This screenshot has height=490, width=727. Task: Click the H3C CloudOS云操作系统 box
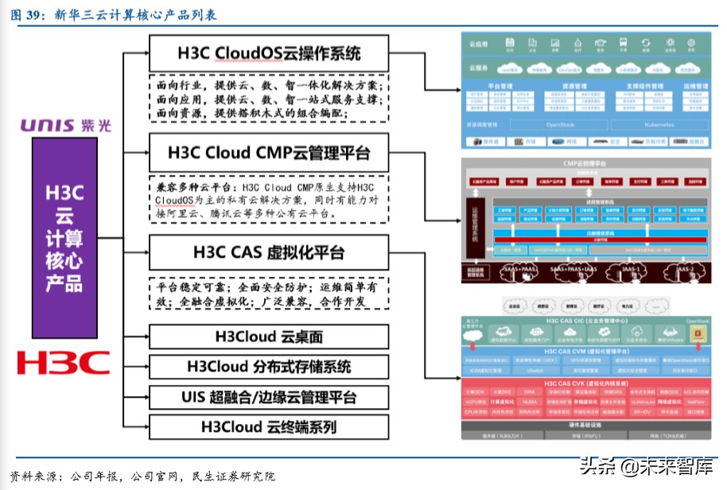[x=268, y=53]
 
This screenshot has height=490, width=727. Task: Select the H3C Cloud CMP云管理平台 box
[x=268, y=152]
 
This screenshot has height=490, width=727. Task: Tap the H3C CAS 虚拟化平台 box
[x=268, y=253]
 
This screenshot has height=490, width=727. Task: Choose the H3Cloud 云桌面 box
[x=268, y=337]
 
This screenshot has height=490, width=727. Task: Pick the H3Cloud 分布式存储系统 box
[x=268, y=367]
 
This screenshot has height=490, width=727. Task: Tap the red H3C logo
[x=64, y=363]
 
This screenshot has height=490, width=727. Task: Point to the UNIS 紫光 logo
[x=65, y=125]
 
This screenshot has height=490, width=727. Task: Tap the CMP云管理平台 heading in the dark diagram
[x=587, y=164]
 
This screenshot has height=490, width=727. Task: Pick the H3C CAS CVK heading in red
[x=586, y=383]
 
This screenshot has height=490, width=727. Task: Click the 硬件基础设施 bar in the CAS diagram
[x=586, y=426]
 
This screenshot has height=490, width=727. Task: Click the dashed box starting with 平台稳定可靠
[x=268, y=293]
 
